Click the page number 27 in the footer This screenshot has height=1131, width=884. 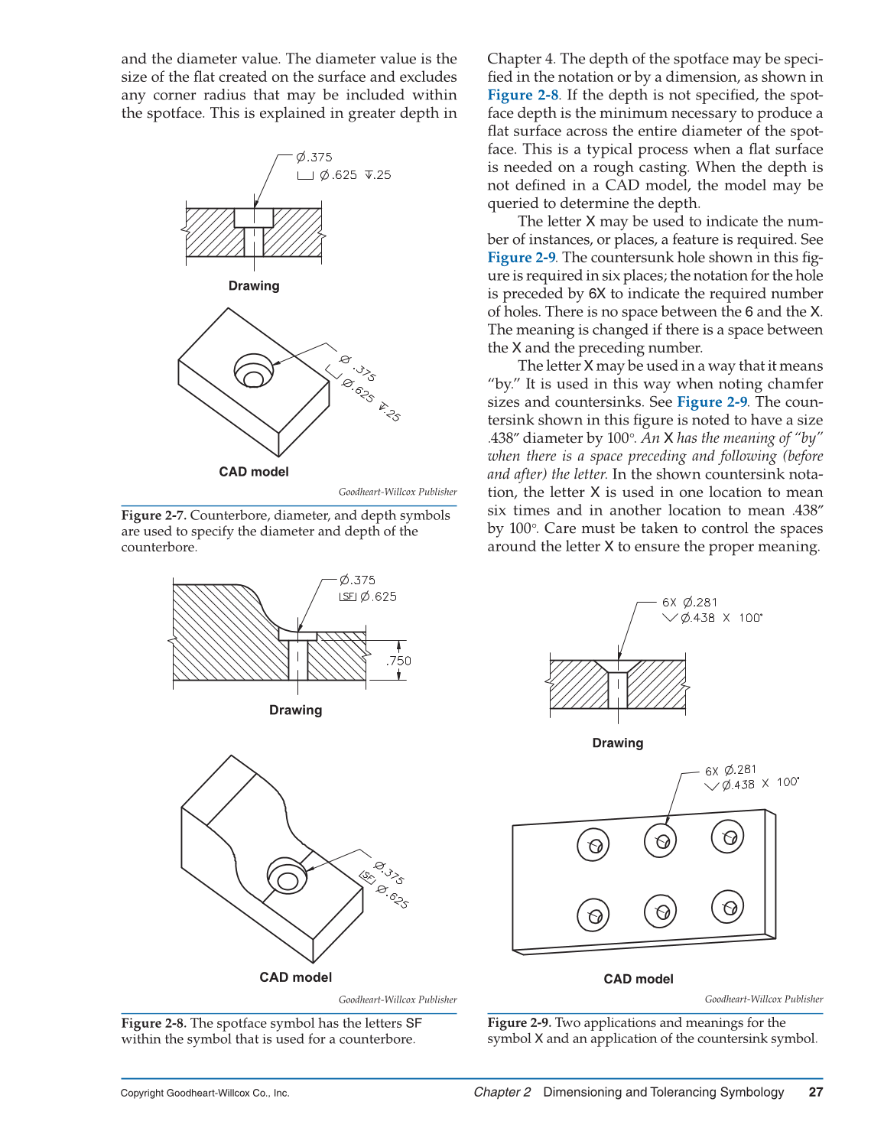(x=815, y=1092)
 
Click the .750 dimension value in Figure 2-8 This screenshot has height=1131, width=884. (x=398, y=661)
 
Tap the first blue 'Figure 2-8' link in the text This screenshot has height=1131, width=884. (x=523, y=95)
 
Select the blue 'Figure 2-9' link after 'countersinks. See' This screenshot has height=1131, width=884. (x=712, y=402)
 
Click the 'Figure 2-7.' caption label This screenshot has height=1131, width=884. (x=154, y=515)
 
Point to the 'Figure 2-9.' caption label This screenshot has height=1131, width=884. (x=519, y=1022)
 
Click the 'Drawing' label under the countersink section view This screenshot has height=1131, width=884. (x=618, y=743)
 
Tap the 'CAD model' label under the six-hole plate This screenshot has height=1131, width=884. (x=639, y=979)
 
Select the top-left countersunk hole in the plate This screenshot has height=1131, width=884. (x=593, y=844)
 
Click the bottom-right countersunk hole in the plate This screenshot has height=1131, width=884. (x=728, y=907)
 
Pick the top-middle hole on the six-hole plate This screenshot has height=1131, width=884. (x=661, y=840)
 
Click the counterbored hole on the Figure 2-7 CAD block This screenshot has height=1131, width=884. (x=254, y=372)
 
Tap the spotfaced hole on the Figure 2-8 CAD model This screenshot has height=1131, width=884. (x=287, y=878)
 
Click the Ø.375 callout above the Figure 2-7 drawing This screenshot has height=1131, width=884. (x=314, y=157)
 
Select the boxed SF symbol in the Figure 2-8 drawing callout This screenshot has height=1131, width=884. (x=348, y=596)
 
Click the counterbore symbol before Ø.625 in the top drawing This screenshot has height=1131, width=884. (x=305, y=176)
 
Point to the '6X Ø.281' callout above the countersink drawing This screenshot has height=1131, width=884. (x=690, y=603)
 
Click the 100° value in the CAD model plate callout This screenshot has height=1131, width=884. (x=788, y=782)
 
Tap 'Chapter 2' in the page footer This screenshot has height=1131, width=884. (x=502, y=1092)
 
